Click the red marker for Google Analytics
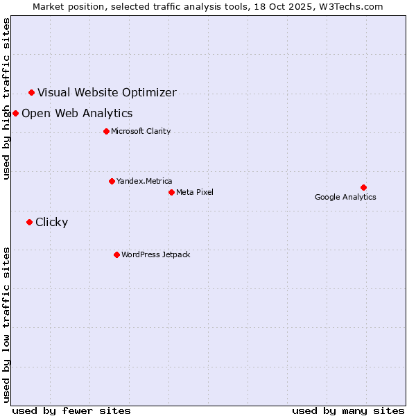pyautogui.click(x=363, y=187)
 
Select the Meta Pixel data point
pyautogui.click(x=171, y=192)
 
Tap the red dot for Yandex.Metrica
pyautogui.click(x=112, y=181)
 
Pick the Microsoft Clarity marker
pyautogui.click(x=106, y=131)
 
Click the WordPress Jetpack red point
pyautogui.click(x=116, y=254)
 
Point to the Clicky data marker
pyautogui.click(x=29, y=222)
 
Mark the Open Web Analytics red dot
pyautogui.click(x=15, y=113)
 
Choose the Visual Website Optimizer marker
pyautogui.click(x=31, y=92)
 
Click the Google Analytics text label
pyautogui.click(x=345, y=197)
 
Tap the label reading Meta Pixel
pyautogui.click(x=195, y=192)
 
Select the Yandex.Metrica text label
pyautogui.click(x=144, y=181)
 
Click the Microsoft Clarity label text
pyautogui.click(x=141, y=131)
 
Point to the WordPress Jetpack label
pyautogui.click(x=155, y=254)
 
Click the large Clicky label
pyautogui.click(x=51, y=222)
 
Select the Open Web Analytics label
pyautogui.click(x=77, y=113)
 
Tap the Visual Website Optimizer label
pyautogui.click(x=107, y=92)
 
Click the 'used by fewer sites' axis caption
pyautogui.click(x=71, y=410)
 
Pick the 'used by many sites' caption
pyautogui.click(x=348, y=410)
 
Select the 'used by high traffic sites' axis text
pyautogui.click(x=7, y=98)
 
